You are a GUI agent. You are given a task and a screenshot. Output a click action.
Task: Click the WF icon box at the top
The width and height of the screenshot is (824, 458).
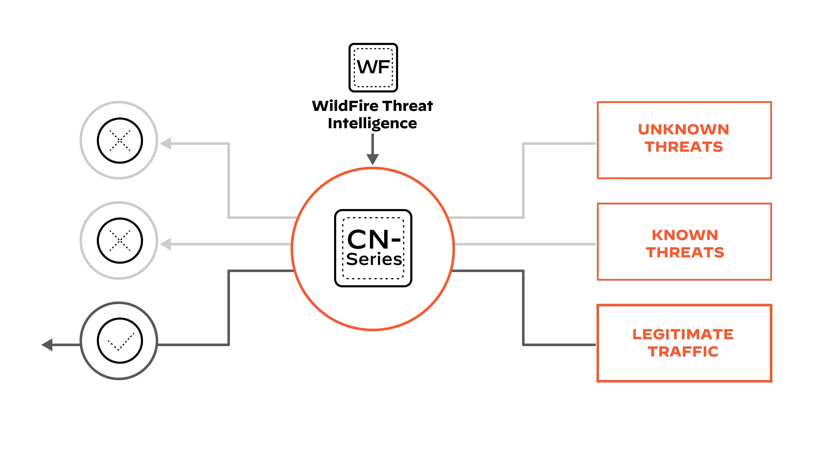point(373,68)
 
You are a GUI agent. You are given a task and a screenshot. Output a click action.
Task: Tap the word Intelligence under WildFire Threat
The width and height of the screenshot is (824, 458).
point(372,124)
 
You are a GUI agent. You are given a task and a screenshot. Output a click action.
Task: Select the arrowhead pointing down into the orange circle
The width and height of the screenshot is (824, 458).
point(373,159)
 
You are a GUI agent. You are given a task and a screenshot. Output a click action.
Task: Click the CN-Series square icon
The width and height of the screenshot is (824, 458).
point(373,248)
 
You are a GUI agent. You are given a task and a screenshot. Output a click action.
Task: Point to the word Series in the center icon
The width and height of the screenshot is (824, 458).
point(374,259)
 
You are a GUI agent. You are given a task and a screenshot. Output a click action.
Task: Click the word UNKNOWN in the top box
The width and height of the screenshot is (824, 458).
point(684,130)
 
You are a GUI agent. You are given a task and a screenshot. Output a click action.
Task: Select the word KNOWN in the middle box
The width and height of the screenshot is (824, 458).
point(685,235)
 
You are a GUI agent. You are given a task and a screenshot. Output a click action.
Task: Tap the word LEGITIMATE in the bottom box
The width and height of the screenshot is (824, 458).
point(683,334)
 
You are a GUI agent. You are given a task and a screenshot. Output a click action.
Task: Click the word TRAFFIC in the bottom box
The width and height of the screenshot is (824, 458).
point(683,352)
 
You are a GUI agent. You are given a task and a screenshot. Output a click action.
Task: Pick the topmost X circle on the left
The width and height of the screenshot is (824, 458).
point(119,140)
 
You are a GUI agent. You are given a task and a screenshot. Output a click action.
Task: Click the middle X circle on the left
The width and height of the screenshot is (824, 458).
point(119,241)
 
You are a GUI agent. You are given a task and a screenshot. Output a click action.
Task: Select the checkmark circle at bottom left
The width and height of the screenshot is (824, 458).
point(119,341)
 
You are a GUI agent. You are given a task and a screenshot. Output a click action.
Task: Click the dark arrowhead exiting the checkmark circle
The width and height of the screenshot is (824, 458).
point(47,345)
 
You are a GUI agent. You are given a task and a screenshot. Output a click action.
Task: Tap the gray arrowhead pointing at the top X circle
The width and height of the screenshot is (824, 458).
point(166,143)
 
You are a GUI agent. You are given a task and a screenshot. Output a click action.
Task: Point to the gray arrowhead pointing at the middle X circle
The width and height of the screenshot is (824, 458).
point(166,244)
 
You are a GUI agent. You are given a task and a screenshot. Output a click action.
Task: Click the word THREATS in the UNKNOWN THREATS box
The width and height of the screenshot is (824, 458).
point(684,147)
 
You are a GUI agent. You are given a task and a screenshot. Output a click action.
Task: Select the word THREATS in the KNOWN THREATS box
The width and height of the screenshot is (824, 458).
point(685,252)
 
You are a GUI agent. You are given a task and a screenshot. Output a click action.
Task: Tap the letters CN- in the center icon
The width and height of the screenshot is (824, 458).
point(373,239)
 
